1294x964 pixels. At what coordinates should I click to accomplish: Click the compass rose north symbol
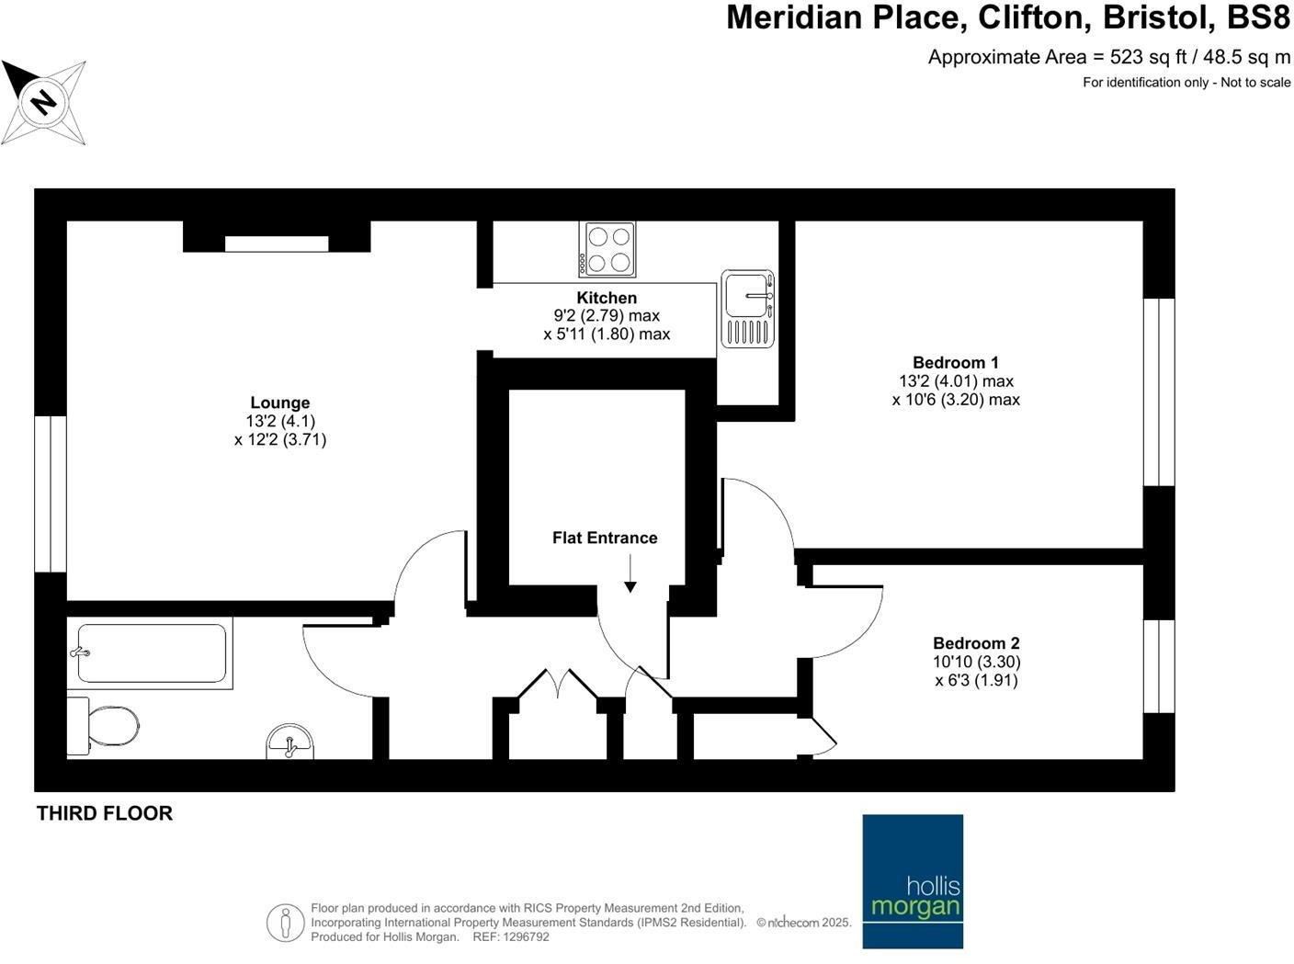coord(43,101)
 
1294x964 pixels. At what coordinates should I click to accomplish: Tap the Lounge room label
coord(280,403)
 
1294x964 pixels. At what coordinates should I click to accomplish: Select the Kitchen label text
coord(607,298)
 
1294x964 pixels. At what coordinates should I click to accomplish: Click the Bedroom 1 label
coord(956,363)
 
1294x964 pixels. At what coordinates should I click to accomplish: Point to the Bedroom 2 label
coord(976,643)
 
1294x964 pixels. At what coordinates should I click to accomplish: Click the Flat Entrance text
coord(605,538)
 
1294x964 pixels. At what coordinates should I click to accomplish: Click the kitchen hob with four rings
coord(607,249)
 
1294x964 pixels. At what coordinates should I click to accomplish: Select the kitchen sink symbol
coord(748,308)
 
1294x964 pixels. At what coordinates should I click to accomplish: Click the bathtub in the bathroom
coord(152,653)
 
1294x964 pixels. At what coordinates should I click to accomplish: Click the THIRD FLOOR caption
coord(105,813)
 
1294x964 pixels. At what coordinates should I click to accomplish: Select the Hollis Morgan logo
coord(913,880)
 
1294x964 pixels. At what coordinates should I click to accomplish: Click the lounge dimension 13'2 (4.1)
coord(280,421)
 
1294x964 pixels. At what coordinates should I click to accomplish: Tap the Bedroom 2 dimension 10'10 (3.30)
coord(977,662)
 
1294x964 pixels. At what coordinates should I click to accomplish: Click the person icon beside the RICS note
coord(286,922)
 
